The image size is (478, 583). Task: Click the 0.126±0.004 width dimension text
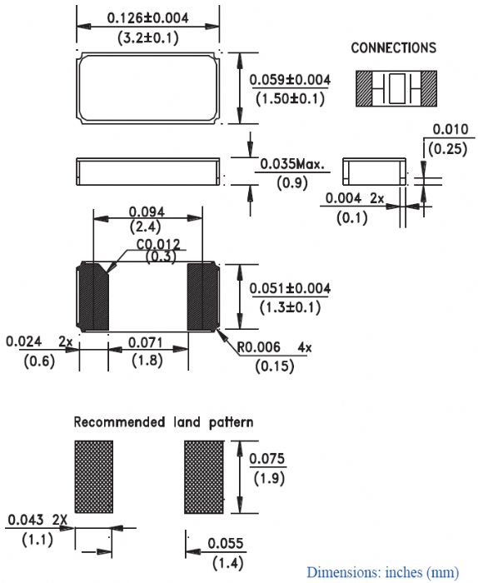(x=147, y=17)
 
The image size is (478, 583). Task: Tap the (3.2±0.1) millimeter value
(x=148, y=38)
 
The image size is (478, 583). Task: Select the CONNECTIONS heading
(x=394, y=47)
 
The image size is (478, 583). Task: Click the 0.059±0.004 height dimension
(x=290, y=80)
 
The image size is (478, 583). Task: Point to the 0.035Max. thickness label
(x=292, y=163)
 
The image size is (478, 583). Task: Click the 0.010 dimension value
(x=451, y=129)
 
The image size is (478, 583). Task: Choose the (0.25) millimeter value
(x=447, y=149)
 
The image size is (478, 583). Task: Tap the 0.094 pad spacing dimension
(x=147, y=212)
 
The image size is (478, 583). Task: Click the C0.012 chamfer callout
(x=158, y=244)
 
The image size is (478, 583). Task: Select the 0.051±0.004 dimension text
(x=290, y=288)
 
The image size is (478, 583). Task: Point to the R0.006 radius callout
(x=259, y=347)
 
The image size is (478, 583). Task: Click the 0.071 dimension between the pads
(x=146, y=342)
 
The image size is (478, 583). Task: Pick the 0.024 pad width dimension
(x=24, y=341)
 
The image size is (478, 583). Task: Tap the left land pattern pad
(x=93, y=477)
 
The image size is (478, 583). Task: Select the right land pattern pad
(x=204, y=477)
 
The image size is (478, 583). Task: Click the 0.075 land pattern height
(x=266, y=458)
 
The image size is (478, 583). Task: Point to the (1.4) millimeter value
(x=228, y=562)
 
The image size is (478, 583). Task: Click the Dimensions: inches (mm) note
(x=382, y=572)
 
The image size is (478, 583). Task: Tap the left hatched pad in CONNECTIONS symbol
(x=364, y=88)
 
